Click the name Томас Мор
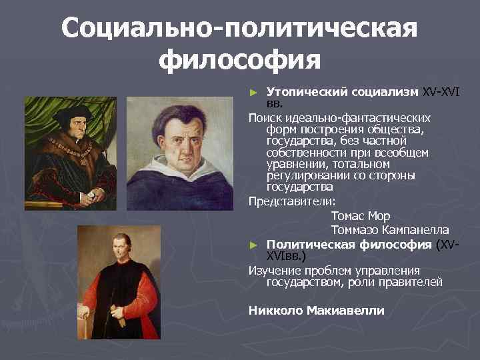(x=360, y=217)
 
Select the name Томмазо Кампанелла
(x=389, y=230)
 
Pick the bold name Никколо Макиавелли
(x=316, y=310)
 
